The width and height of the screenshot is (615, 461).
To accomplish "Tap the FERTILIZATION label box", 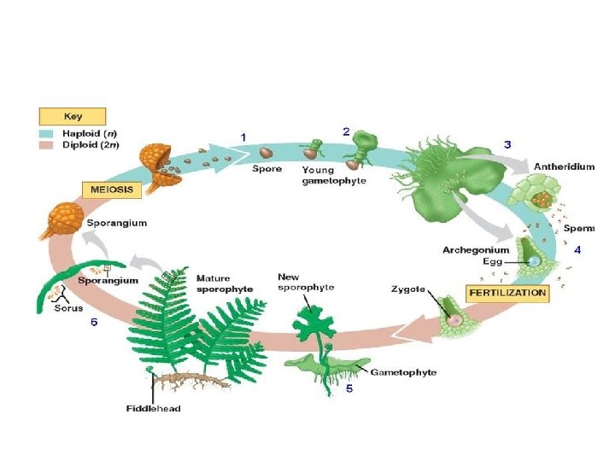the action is [x=507, y=292].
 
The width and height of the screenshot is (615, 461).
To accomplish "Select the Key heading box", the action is [x=72, y=116].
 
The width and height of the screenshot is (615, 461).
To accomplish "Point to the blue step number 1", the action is [x=243, y=137].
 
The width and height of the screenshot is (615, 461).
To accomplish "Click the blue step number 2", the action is [x=346, y=131].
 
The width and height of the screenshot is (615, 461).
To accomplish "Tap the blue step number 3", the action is [x=507, y=144].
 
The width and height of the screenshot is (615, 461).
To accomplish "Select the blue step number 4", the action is [x=578, y=250].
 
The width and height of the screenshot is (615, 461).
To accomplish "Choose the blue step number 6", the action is [x=94, y=323].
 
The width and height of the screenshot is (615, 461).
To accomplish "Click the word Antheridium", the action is [x=564, y=166].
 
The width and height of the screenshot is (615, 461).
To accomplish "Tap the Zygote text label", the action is [x=408, y=290].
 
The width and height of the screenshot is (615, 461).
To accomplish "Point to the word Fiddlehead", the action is [x=154, y=408].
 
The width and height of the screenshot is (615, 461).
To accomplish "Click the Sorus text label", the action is [x=68, y=307].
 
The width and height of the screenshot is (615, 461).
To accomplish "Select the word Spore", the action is [x=266, y=169].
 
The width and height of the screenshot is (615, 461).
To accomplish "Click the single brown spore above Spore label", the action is [x=266, y=153].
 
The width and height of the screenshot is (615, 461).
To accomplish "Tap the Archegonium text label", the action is [x=476, y=250].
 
